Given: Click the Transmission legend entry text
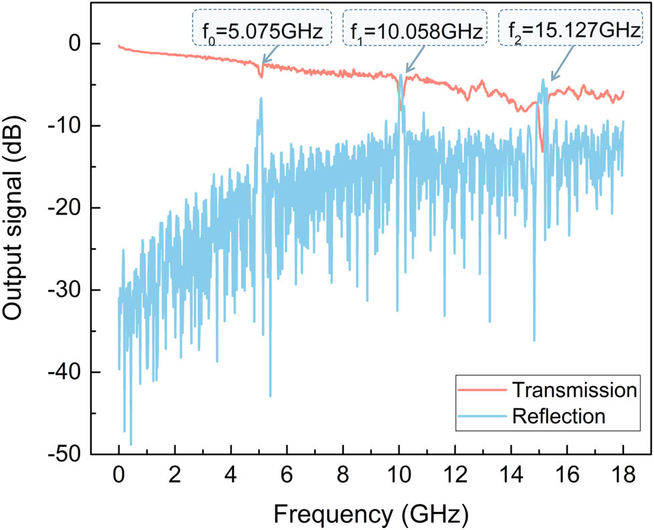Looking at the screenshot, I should click(572, 389).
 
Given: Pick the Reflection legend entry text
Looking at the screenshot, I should click(558, 416).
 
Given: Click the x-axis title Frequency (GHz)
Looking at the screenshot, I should click(370, 514).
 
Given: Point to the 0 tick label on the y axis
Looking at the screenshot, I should click(80, 43).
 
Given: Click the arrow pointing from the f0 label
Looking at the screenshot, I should click(271, 54).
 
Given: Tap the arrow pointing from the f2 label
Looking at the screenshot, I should click(560, 70).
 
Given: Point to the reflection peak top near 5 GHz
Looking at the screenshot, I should click(261, 98).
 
